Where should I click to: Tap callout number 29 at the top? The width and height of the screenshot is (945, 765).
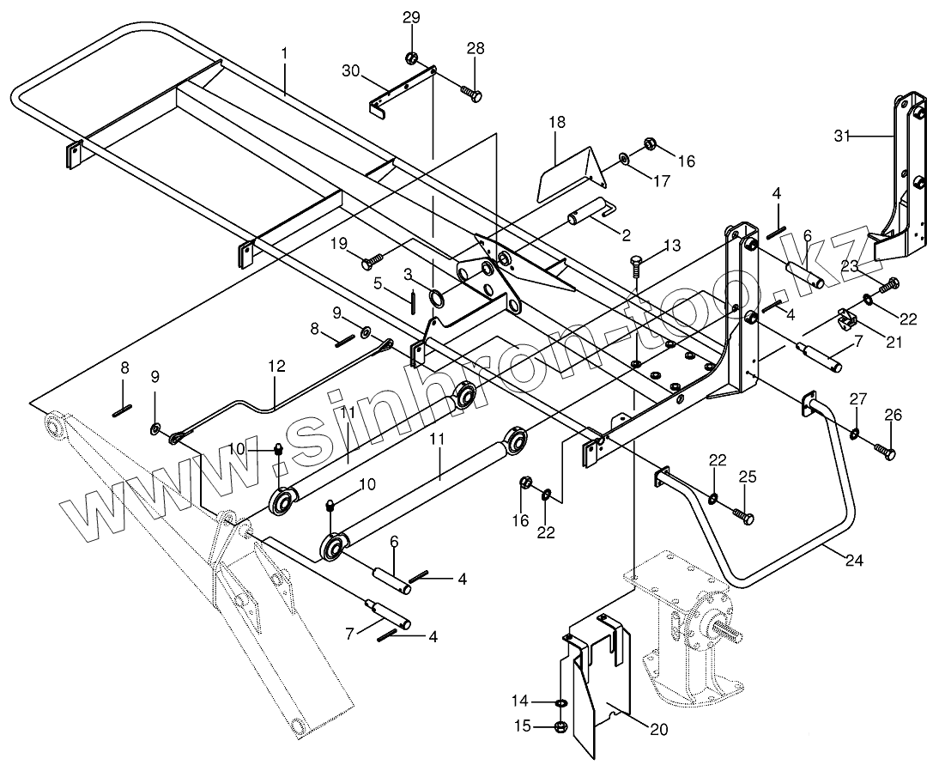click(x=412, y=17)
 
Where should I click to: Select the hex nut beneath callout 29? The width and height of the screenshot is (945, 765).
click(x=412, y=58)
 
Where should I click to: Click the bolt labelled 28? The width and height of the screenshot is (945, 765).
click(x=471, y=94)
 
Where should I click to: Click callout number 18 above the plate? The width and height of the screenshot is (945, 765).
click(x=558, y=123)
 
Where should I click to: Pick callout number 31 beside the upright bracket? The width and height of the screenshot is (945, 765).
click(x=843, y=137)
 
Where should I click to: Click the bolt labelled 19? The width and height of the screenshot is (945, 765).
click(x=372, y=261)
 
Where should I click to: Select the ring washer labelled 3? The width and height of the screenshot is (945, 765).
click(x=436, y=297)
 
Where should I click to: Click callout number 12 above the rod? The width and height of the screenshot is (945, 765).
click(x=278, y=366)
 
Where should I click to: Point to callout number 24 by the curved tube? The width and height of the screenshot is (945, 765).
click(x=854, y=561)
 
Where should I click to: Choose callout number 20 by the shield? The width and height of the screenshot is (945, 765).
click(x=659, y=730)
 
